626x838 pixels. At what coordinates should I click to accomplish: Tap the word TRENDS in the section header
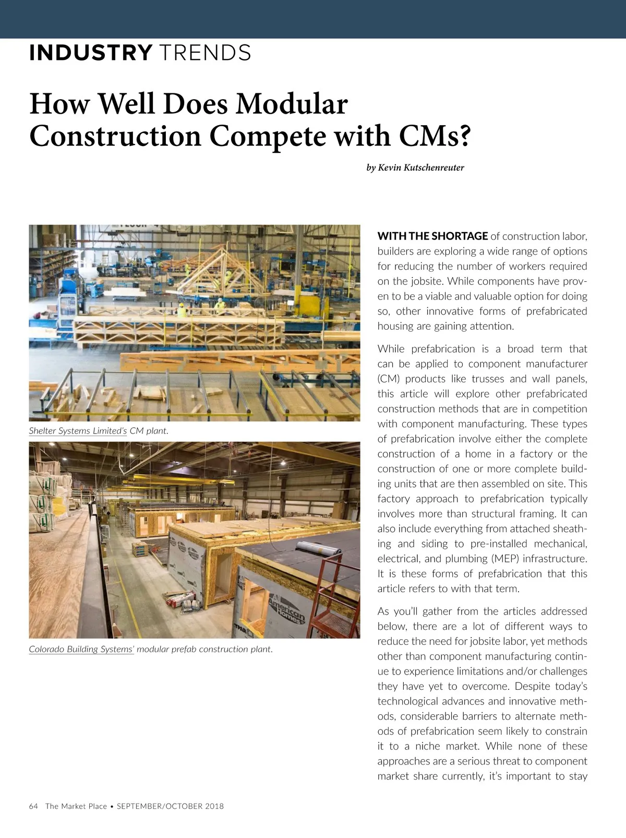coord(205,53)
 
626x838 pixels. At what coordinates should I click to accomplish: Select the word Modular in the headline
coord(291,103)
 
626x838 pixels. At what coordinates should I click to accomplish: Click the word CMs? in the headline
coord(435,136)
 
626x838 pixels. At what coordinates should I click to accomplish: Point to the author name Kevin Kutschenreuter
coord(420,167)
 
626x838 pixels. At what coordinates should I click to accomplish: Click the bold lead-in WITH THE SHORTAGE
coord(432,236)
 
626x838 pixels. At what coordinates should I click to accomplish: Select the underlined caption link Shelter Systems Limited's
coord(78,431)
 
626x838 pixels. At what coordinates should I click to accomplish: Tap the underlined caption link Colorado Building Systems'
coord(81,649)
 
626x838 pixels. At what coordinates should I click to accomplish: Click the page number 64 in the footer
coord(33,806)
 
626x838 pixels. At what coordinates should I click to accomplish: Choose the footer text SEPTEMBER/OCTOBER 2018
coord(170,806)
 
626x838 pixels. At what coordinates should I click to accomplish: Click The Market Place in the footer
coord(76,806)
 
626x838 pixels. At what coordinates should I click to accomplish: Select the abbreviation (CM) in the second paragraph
coord(389,379)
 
